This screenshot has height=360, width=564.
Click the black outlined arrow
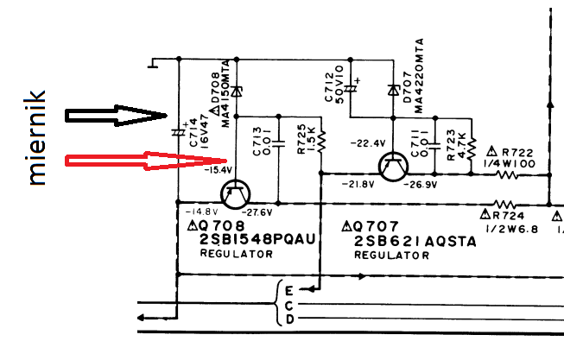point(117,116)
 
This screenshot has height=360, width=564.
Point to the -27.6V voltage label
point(257,212)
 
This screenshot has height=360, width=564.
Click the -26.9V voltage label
point(423,185)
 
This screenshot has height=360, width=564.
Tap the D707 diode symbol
point(394,89)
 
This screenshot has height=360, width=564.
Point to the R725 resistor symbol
point(320,138)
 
